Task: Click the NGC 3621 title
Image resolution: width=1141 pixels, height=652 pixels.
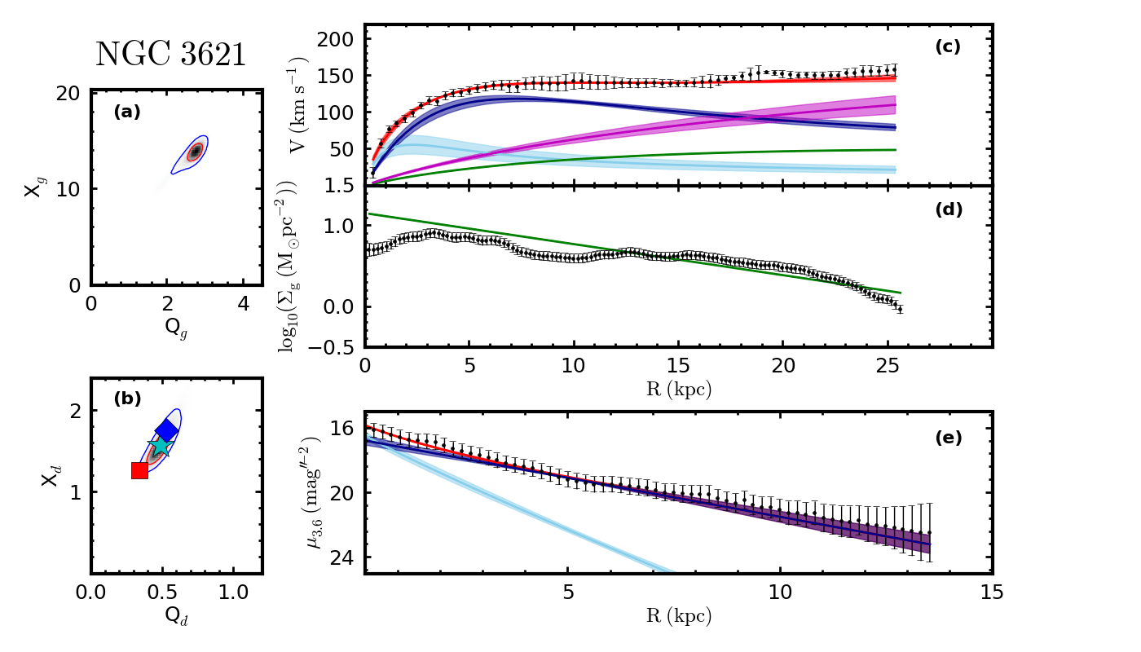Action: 170,55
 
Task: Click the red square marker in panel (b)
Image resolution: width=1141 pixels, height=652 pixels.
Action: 139,470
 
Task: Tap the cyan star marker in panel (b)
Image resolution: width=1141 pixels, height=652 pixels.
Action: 160,446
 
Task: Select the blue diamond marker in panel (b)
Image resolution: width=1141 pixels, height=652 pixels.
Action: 167,430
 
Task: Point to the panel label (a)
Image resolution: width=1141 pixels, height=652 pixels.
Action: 126,112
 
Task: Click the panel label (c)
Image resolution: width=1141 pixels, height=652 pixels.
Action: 948,46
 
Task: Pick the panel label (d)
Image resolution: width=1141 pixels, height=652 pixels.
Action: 948,209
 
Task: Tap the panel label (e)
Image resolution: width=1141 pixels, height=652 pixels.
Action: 948,438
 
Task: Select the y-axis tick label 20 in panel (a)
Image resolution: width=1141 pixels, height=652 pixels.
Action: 68,93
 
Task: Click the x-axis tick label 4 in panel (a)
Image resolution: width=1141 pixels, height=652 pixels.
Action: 243,303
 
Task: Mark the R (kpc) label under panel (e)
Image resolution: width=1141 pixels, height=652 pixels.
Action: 678,616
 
